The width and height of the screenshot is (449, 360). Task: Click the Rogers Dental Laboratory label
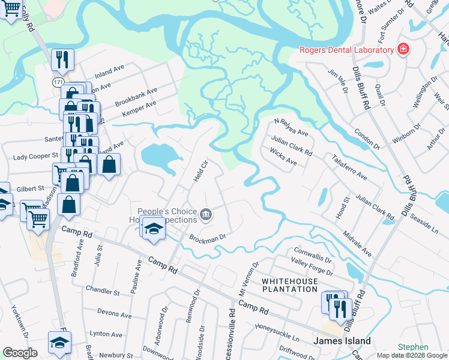[x=346, y=50]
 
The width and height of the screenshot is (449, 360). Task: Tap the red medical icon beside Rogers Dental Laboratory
[x=403, y=50]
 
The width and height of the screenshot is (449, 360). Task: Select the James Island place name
[x=343, y=341]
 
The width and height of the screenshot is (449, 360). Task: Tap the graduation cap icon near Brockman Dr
[x=153, y=229]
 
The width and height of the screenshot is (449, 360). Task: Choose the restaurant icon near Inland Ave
[x=62, y=59]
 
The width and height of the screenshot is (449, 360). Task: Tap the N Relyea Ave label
[x=291, y=128]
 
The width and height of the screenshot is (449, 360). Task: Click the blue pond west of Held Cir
[x=160, y=156]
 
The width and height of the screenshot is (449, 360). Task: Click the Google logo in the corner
[x=20, y=353]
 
